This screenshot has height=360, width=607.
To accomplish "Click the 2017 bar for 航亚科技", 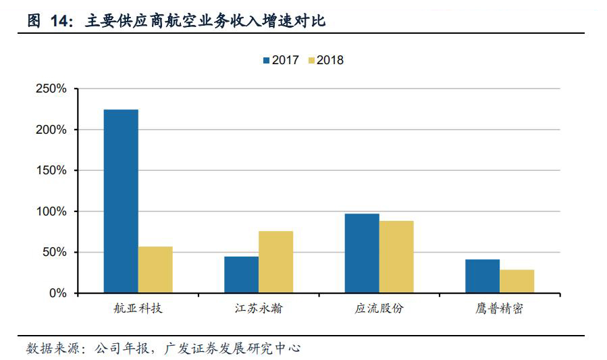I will pyautogui.click(x=121, y=201).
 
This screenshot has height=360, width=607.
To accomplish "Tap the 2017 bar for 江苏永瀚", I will pyautogui.click(x=241, y=275).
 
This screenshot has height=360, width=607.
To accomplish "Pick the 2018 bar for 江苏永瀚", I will pyautogui.click(x=275, y=262).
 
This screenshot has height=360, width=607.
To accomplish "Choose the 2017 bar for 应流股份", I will pyautogui.click(x=362, y=253).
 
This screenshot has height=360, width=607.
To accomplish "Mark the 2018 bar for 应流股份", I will pyautogui.click(x=396, y=257).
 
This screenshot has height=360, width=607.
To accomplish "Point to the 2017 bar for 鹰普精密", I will pyautogui.click(x=482, y=276).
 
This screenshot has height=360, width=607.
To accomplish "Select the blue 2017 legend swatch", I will pyautogui.click(x=267, y=61).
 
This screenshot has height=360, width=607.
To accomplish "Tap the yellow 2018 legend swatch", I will pyautogui.click(x=311, y=61).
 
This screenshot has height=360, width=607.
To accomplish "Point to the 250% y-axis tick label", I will pyautogui.click(x=51, y=88).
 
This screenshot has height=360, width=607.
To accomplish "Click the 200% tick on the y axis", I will pyautogui.click(x=51, y=130).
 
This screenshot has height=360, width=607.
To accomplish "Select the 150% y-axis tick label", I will pyautogui.click(x=51, y=171).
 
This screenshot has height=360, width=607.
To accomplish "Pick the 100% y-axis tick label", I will pyautogui.click(x=51, y=211).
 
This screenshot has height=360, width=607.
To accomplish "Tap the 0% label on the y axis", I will pyautogui.click(x=58, y=294).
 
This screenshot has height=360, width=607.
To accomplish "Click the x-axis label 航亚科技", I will pyautogui.click(x=138, y=310).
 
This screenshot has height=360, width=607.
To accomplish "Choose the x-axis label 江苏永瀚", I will pyautogui.click(x=258, y=310).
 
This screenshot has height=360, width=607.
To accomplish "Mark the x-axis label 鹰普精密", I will pyautogui.click(x=500, y=310).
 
